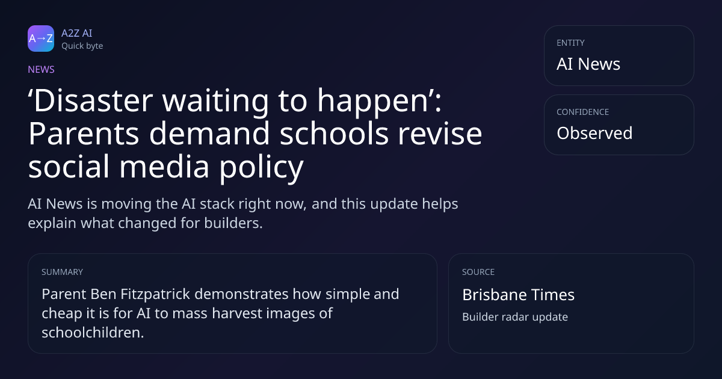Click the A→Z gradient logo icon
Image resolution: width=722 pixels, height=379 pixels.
41,39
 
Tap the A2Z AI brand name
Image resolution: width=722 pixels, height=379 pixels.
77,33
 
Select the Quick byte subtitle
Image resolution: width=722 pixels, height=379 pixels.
82,46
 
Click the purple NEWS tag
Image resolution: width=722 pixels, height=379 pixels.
41,69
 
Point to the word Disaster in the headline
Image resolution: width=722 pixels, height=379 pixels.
93,100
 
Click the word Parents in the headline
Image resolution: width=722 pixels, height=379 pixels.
84,134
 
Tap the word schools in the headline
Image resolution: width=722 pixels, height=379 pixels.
334,134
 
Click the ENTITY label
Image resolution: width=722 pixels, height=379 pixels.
570,43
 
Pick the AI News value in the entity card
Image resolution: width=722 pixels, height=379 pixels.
588,64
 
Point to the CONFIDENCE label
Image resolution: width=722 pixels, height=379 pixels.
583,112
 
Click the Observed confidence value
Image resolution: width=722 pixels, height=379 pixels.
594,133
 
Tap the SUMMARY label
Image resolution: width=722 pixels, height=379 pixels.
62,272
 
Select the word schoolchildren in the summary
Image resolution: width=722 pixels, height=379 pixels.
93,332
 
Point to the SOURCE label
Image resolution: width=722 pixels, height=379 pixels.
478,272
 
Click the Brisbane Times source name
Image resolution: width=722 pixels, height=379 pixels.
518,295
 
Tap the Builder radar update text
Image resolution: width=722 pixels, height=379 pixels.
515,317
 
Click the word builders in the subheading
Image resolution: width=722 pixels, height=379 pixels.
233,223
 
